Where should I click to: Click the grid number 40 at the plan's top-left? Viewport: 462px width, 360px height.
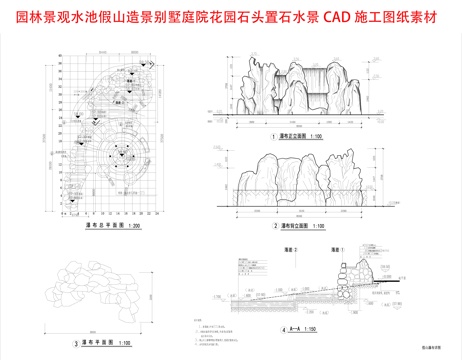pos(61,62)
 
